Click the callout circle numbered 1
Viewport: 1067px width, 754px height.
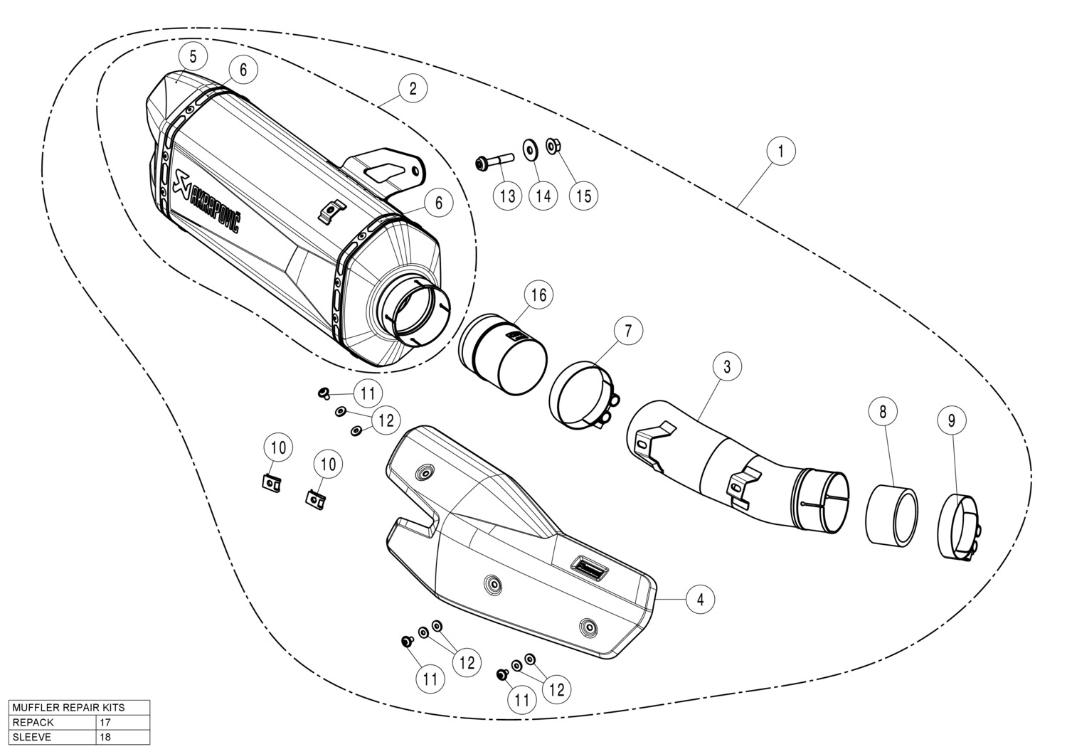pyautogui.click(x=781, y=152)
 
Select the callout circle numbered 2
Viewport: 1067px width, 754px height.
pyautogui.click(x=413, y=89)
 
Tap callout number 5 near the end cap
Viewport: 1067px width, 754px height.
pyautogui.click(x=193, y=57)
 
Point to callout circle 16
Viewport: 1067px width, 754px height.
pyautogui.click(x=538, y=295)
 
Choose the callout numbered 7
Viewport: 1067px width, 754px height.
pyautogui.click(x=628, y=330)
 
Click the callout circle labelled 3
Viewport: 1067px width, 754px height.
pyautogui.click(x=727, y=366)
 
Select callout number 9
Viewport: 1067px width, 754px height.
pyautogui.click(x=951, y=420)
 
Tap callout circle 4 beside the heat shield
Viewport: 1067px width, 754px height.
pyautogui.click(x=700, y=599)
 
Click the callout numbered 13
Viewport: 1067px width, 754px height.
pyautogui.click(x=507, y=196)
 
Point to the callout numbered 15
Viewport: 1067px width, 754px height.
pyautogui.click(x=583, y=196)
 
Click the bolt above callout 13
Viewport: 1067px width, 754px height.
pyautogui.click(x=494, y=161)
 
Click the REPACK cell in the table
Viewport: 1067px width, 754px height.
pyautogui.click(x=53, y=722)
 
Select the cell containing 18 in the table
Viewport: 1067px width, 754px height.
pyautogui.click(x=123, y=737)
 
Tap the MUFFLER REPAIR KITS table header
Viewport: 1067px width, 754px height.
pyautogui.click(x=80, y=707)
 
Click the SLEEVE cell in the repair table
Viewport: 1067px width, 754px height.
pyautogui.click(x=53, y=737)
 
